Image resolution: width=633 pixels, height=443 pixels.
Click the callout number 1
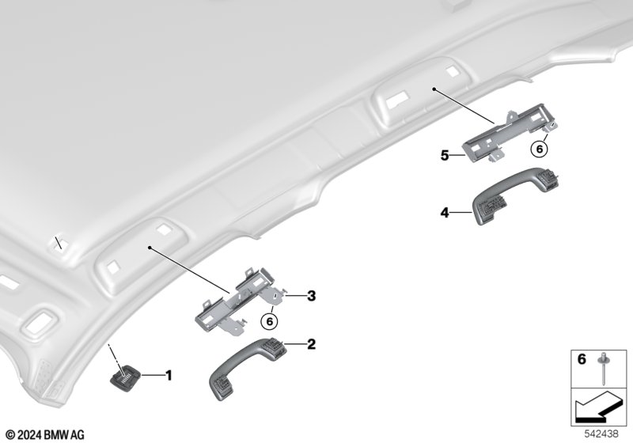[x=169, y=376]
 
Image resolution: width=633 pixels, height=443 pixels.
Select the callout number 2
[x=311, y=344]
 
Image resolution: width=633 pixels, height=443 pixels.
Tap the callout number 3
[x=311, y=296]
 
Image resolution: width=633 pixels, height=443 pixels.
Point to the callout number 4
[x=445, y=213]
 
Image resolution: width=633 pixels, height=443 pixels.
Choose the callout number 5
[x=445, y=155]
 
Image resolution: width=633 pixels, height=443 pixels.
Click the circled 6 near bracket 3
[x=270, y=321]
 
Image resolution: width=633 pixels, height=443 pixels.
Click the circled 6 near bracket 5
[x=539, y=150]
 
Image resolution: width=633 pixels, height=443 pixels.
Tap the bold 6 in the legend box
[x=582, y=359]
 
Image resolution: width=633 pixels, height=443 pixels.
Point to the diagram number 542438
[x=601, y=434]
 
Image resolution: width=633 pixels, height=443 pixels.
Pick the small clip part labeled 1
[x=125, y=378]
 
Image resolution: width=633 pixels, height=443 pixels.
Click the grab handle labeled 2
[x=248, y=369]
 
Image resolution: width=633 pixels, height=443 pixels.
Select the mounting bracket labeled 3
[x=241, y=301]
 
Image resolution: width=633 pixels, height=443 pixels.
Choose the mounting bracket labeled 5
[x=510, y=133]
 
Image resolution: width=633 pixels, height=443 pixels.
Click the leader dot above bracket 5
[x=434, y=89]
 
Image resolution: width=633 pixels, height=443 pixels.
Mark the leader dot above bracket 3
[x=150, y=248]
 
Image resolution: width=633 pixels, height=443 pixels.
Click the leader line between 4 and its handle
[x=461, y=212]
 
